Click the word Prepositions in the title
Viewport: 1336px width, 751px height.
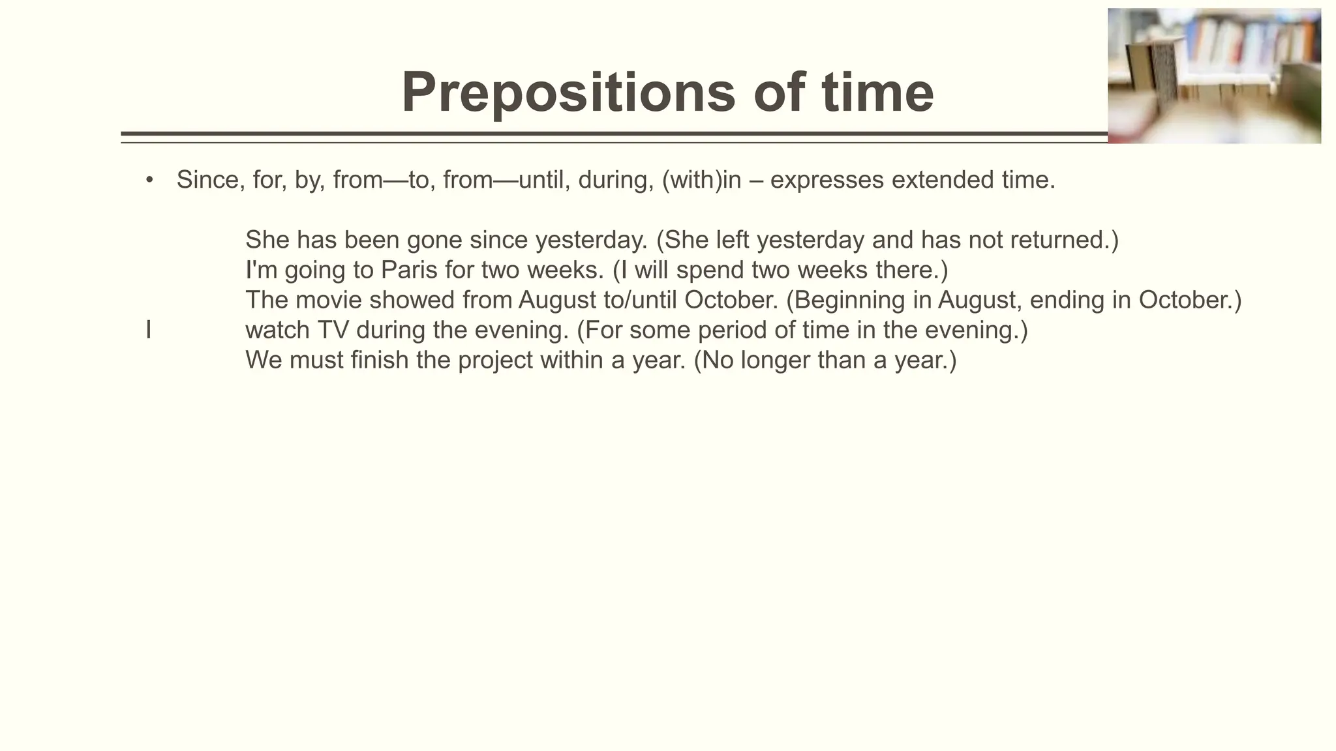[x=568, y=93]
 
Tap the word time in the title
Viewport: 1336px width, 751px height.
[x=877, y=93]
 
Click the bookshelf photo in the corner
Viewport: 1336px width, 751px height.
[x=1214, y=76]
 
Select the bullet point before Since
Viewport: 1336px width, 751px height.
[x=149, y=179]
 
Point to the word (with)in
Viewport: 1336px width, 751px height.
[x=701, y=180]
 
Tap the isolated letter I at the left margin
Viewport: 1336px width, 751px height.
[x=149, y=331]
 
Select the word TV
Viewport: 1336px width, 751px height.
[x=333, y=331]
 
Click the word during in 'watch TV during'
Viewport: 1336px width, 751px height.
[x=390, y=331]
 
